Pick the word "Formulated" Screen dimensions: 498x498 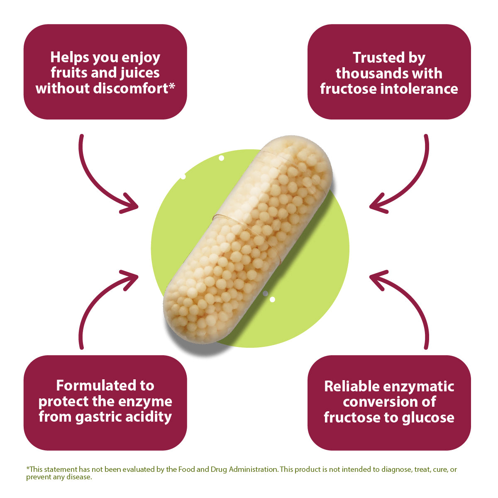105,386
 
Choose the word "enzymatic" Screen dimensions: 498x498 420,386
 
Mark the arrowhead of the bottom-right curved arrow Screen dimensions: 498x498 376,277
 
